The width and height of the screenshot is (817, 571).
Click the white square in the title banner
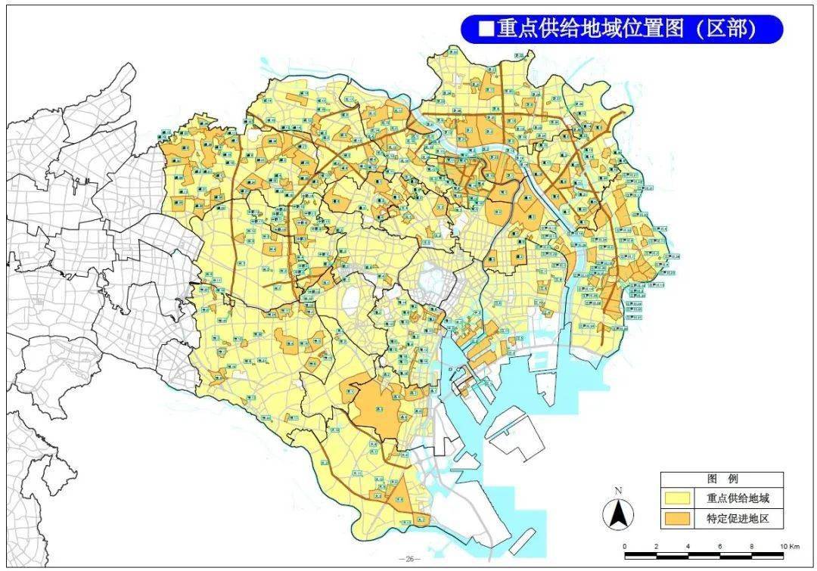tap(486, 29)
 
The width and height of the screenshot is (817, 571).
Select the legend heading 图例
tap(721, 479)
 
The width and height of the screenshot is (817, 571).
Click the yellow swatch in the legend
tap(679, 498)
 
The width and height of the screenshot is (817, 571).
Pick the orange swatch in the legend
tap(679, 518)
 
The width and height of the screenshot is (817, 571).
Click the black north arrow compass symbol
tap(618, 515)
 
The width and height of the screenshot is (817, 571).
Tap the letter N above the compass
tap(618, 491)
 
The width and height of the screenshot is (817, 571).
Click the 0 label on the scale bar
tap(625, 546)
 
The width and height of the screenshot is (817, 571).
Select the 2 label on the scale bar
tap(657, 546)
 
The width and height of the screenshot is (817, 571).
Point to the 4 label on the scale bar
tap(688, 546)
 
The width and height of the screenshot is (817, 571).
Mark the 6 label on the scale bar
tap(720, 546)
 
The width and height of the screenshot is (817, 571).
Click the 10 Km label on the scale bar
tap(789, 546)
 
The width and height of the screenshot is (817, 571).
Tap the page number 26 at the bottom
tap(409, 559)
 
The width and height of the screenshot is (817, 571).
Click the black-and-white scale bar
tap(704, 555)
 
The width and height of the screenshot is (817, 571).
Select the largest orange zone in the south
tap(378, 408)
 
